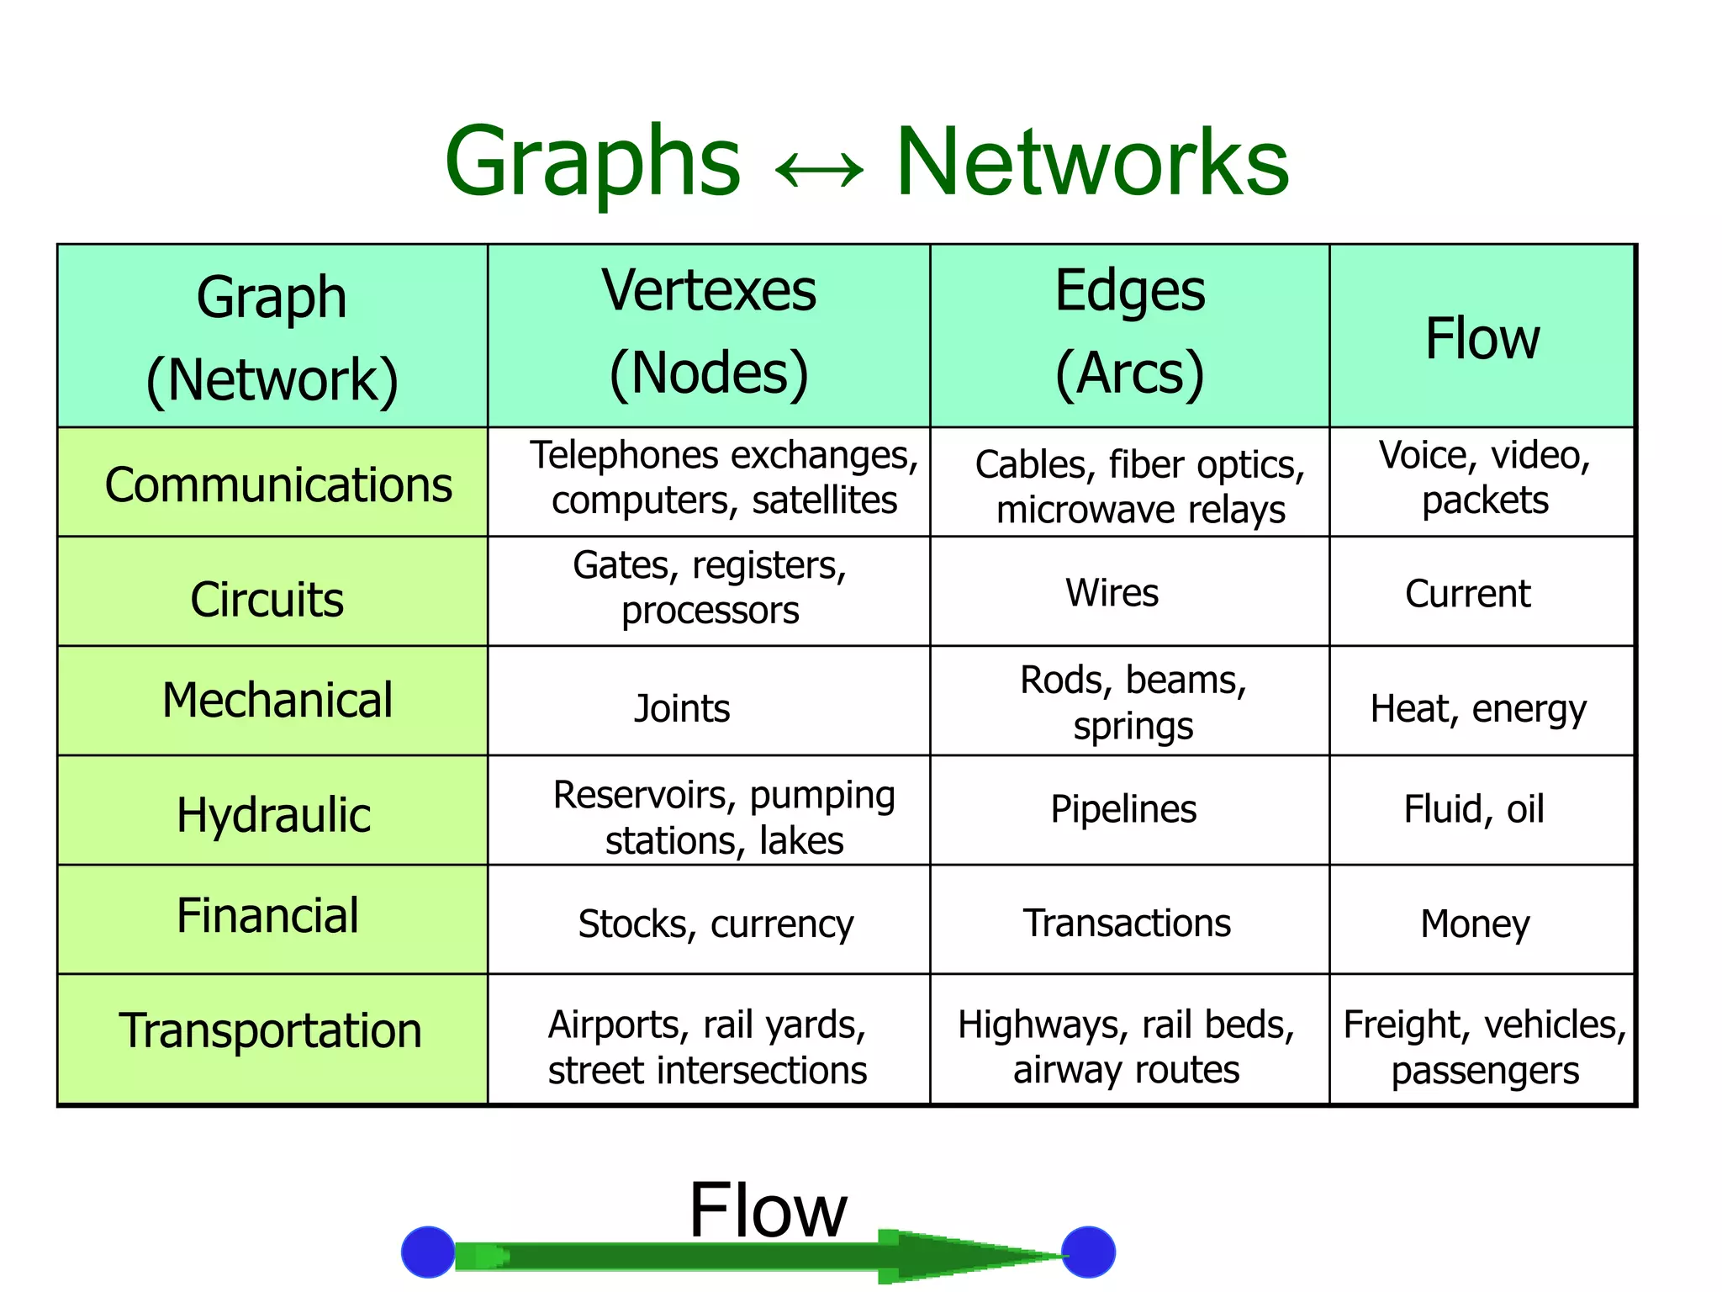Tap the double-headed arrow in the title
pos(818,169)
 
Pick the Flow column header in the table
pos(1482,338)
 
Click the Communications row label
pos(278,485)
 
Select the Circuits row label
pos(267,600)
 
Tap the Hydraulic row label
pos(273,814)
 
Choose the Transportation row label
pos(270,1030)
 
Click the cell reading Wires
pos(1112,593)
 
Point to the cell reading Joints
pos(681,708)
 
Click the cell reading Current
pos(1467,594)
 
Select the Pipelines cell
pos(1122,809)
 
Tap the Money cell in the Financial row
pos(1475,924)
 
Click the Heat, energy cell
pos(1478,708)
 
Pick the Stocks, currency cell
pos(715,924)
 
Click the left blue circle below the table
pos(428,1252)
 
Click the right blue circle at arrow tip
pos(1088,1252)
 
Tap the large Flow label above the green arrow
pos(767,1210)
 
